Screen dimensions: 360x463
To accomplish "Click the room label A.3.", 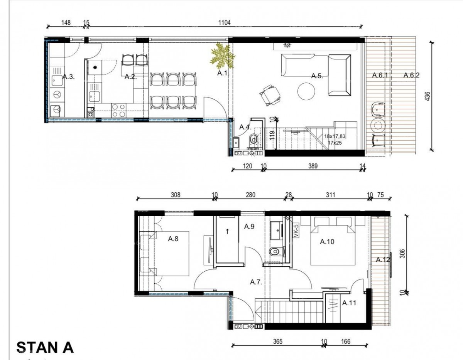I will tap(68, 77).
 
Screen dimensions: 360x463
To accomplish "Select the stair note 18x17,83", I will tap(335, 136).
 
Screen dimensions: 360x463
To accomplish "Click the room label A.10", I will tap(327, 242).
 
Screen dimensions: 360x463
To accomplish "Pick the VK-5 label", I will tap(296, 231).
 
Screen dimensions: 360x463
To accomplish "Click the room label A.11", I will tap(349, 303).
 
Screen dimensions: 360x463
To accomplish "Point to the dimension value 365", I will tap(277, 341).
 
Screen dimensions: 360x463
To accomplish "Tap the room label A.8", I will tap(173, 239).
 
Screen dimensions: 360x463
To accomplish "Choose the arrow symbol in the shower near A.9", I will tap(227, 231).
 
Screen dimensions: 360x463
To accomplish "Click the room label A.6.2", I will tap(411, 76).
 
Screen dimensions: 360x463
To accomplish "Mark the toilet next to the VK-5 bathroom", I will tap(274, 252).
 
